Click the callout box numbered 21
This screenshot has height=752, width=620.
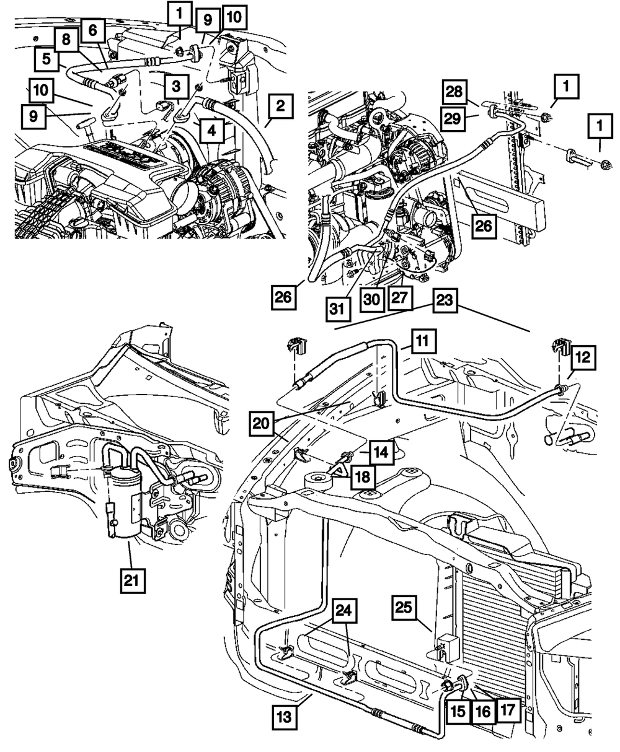[x=131, y=581]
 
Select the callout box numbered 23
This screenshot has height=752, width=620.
[x=444, y=300]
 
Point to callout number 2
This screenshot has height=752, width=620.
[x=280, y=107]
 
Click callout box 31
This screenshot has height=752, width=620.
[x=338, y=308]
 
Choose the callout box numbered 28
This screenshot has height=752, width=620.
[x=454, y=92]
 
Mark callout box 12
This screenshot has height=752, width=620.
[x=583, y=357]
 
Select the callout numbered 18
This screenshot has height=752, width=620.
[x=363, y=477]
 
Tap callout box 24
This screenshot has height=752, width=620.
[x=344, y=611]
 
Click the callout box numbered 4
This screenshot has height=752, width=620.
[x=212, y=130]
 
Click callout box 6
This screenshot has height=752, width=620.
[x=93, y=30]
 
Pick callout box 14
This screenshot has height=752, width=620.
[x=381, y=452]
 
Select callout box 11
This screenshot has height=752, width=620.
[x=423, y=341]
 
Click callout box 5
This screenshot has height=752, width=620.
[x=46, y=59]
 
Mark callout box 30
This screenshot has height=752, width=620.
[x=372, y=299]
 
